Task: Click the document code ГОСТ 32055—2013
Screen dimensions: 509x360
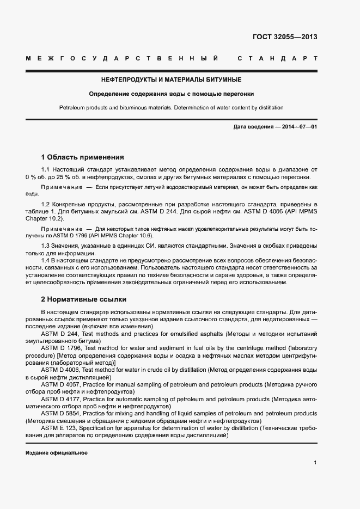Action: (285, 38)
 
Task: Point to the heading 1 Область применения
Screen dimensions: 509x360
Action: (83, 157)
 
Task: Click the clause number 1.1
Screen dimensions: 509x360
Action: (46, 171)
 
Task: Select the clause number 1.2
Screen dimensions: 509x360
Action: (46, 204)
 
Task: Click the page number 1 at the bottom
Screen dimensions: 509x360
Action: (315, 463)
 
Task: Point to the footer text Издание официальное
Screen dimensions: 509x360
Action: (57, 453)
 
